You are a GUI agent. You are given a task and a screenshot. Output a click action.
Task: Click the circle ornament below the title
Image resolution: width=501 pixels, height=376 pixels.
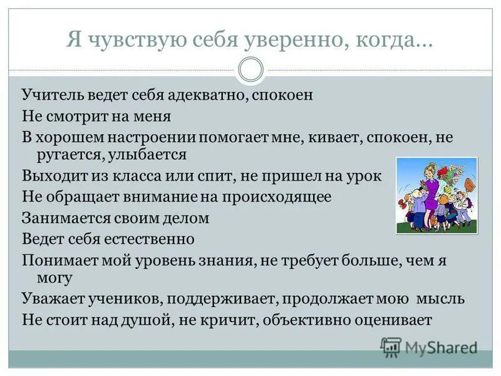[x=250, y=69]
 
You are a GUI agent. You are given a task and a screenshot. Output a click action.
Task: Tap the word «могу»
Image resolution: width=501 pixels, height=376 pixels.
[x=55, y=276]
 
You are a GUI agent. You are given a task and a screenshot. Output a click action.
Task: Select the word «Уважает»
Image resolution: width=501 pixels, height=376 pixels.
[x=51, y=298]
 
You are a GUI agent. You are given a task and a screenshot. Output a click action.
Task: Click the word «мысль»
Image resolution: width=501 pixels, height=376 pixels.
[x=442, y=298]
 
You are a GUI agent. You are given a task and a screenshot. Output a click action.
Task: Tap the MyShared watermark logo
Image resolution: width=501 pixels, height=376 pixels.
[x=429, y=347]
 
